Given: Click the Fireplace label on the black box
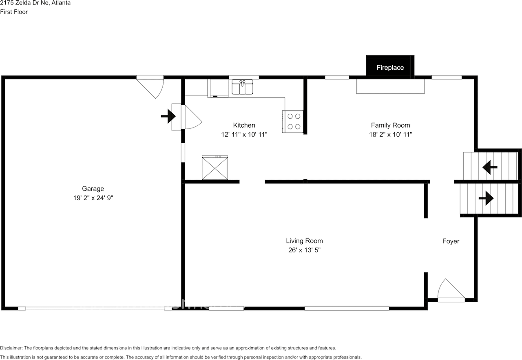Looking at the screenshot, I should tap(390, 68).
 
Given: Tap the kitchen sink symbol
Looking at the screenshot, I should tap(243, 87).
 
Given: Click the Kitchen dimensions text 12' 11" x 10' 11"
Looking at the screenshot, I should tap(244, 135).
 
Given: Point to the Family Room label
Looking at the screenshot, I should tap(390, 125).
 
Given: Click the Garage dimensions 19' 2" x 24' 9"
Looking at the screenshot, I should tap(93, 198).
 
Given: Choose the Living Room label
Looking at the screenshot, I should tap(304, 241).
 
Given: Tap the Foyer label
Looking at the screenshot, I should tap(451, 241).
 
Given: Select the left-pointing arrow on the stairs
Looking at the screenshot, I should tap(490, 167).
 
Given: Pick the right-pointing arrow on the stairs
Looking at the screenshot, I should tap(486, 199).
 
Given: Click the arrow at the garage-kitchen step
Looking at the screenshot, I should tap(168, 117).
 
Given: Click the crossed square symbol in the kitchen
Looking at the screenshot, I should tap(215, 168).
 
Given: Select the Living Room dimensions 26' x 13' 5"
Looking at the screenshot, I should tap(304, 250).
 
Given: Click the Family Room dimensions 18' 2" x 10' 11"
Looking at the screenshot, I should tap(390, 135).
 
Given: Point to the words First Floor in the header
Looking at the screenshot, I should tap(14, 12).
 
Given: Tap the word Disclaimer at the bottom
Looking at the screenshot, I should tap(11, 348).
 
